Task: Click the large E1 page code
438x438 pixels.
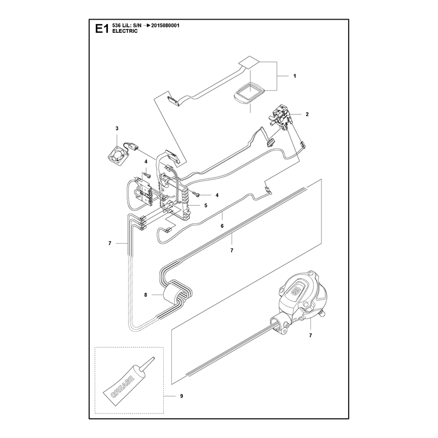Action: coord(102,28)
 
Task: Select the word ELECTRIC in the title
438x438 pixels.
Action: coord(125,31)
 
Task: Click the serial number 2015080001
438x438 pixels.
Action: coord(165,25)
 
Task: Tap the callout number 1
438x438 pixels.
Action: coord(295,76)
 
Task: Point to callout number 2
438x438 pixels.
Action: coord(307,114)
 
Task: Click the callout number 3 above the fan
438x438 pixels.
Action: coord(117,128)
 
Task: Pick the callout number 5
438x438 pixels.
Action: coord(206,206)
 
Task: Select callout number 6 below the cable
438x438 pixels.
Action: coord(222,226)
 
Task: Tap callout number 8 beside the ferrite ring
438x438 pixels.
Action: coord(146,295)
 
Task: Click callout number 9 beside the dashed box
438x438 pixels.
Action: coord(182,396)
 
